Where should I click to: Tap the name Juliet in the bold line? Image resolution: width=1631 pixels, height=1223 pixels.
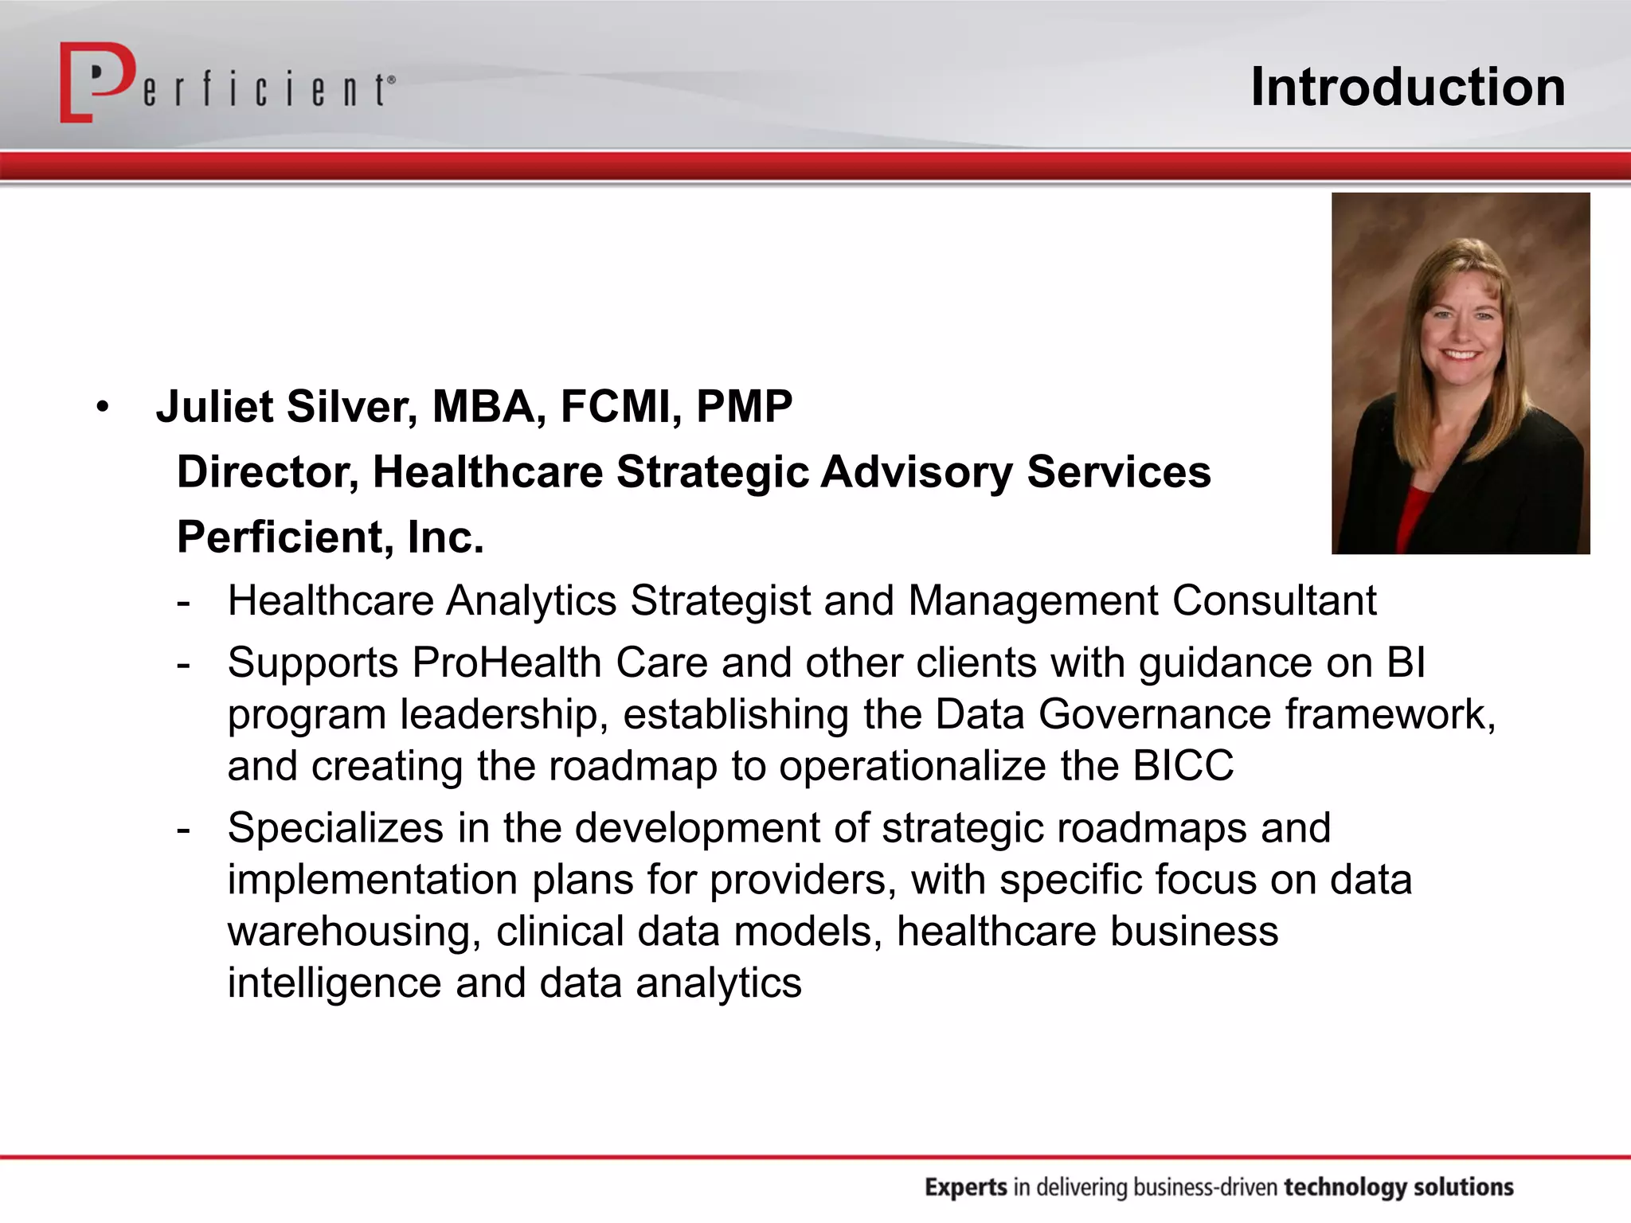214,407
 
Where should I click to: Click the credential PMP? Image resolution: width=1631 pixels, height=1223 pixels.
744,407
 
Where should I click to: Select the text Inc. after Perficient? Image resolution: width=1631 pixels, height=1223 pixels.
445,537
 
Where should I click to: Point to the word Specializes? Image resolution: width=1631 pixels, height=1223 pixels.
335,828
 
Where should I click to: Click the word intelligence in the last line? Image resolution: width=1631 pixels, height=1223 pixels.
334,983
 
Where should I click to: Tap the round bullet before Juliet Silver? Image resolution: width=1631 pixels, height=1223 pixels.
102,408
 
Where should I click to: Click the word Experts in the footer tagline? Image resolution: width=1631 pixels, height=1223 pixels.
965,1187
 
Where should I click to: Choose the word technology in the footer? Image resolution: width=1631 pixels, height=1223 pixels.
1344,1187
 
